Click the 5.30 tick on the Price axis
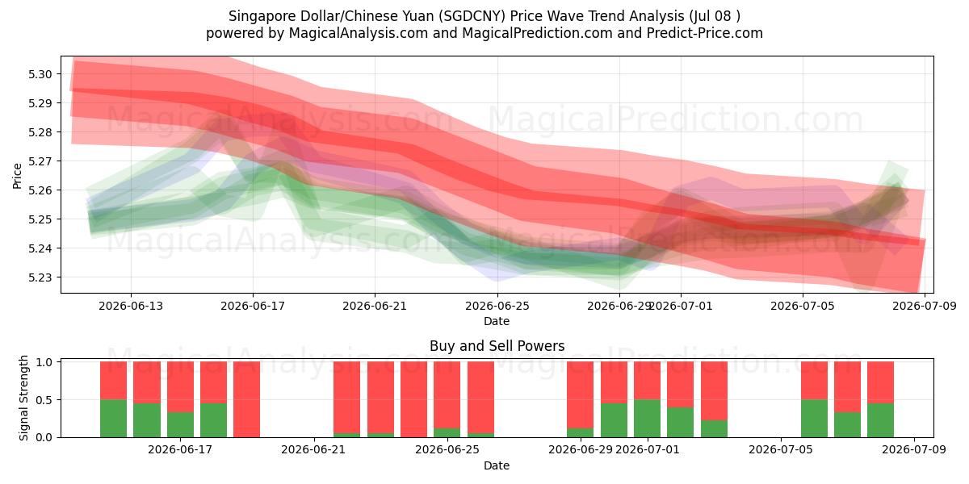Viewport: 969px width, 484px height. pos(40,74)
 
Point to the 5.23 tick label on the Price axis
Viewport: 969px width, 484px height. pos(40,277)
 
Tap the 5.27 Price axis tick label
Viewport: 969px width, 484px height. pos(40,161)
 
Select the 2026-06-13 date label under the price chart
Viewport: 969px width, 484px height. pos(131,306)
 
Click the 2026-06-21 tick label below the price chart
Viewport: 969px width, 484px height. pos(375,306)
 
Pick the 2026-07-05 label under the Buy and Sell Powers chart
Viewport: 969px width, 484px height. pos(781,450)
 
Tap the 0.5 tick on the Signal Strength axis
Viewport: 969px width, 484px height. pos(44,400)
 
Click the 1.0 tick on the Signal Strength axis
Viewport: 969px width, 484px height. pos(44,362)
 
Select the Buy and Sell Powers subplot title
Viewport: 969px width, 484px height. pos(497,346)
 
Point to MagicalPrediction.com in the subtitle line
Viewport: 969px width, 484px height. pos(537,33)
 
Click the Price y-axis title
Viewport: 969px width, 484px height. pos(17,176)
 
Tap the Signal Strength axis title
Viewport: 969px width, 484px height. pos(23,398)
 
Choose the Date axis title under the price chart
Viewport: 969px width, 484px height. pos(497,321)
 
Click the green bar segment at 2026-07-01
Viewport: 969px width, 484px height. pos(647,419)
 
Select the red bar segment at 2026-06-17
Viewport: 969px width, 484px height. pos(180,386)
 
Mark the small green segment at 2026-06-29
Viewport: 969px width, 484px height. pos(580,432)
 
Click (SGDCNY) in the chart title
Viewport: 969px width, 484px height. pos(472,16)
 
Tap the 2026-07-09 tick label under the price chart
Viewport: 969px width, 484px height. pos(925,306)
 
